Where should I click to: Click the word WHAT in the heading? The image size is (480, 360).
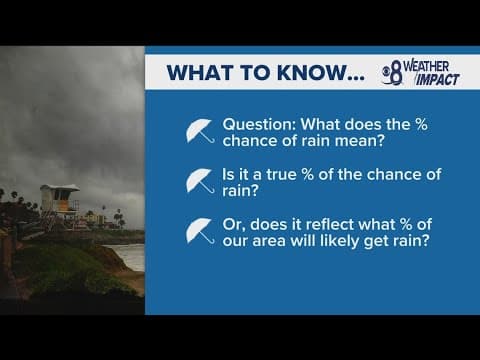[198, 73]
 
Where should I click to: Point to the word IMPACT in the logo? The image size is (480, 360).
[438, 80]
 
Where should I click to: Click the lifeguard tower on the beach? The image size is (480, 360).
[58, 200]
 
